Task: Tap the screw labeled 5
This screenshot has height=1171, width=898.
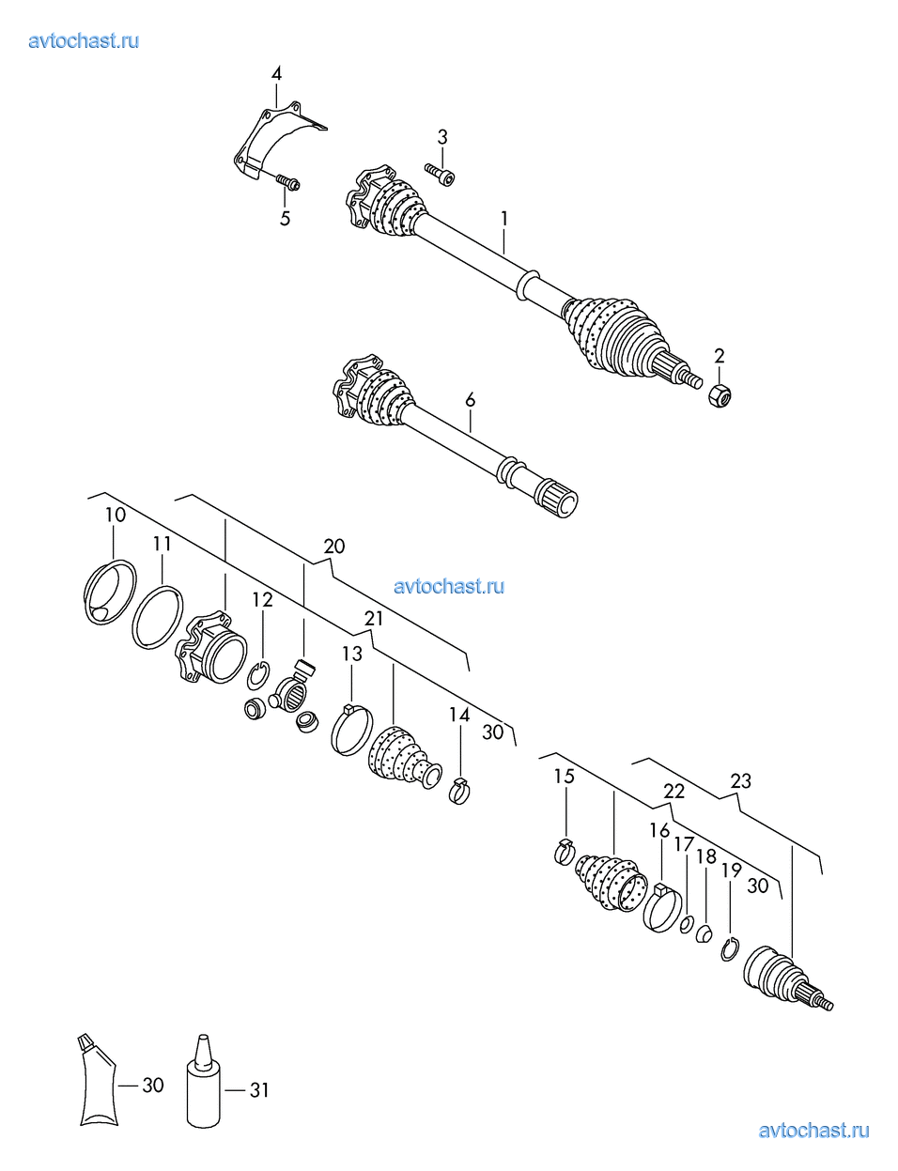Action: point(287,181)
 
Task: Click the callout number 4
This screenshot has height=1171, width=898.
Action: point(276,73)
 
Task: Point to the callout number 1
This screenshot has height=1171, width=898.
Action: point(504,219)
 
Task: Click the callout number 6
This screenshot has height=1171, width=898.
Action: point(470,400)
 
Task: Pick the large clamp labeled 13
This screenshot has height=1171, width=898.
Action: point(351,729)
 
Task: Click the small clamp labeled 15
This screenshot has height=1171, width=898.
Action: point(565,852)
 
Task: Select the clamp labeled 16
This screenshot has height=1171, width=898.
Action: point(662,908)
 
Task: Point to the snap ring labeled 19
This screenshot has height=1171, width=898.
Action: point(730,948)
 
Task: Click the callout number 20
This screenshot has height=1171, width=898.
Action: point(334,546)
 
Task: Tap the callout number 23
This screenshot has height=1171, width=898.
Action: point(740,780)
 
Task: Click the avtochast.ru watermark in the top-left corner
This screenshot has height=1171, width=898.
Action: point(84,41)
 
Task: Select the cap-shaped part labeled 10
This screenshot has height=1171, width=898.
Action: point(111,593)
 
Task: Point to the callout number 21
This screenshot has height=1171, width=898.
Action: point(374,619)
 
